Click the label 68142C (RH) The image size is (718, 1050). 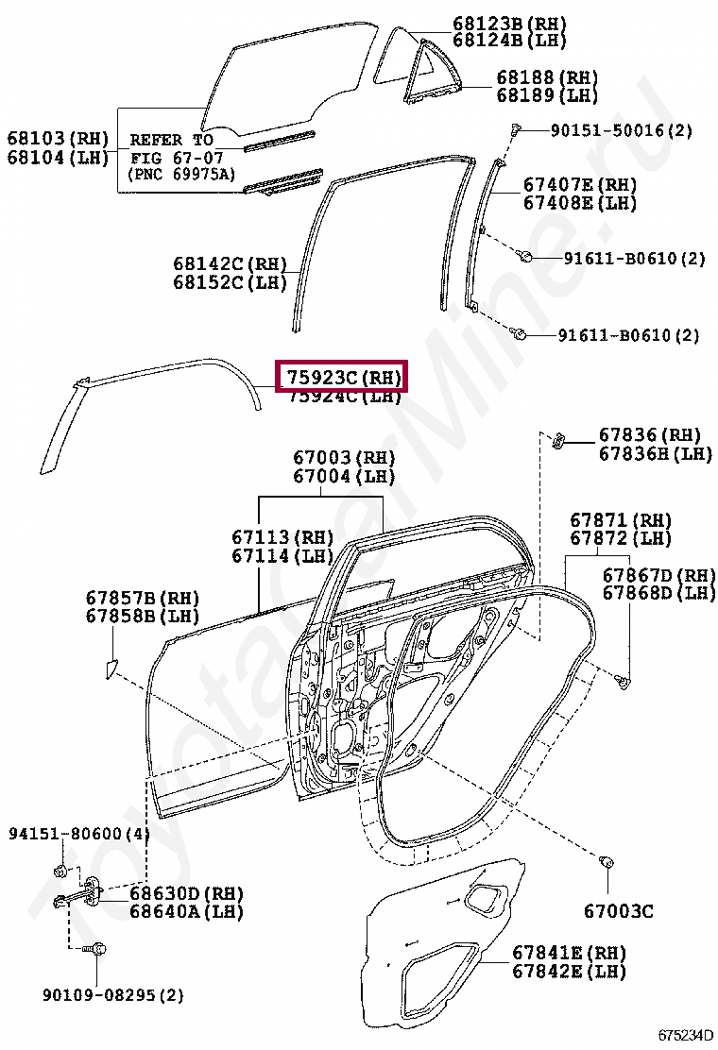pos(230,263)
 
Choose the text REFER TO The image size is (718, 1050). pos(171,140)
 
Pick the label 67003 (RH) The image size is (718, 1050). pos(344,458)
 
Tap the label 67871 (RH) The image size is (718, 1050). pos(620,520)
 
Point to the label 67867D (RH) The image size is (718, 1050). pos(659,575)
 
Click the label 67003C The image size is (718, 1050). pos(618,911)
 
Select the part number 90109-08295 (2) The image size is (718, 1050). pos(112,994)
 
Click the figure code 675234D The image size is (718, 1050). pos(686,1035)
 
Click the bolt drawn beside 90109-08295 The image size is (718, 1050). pos(96,949)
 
